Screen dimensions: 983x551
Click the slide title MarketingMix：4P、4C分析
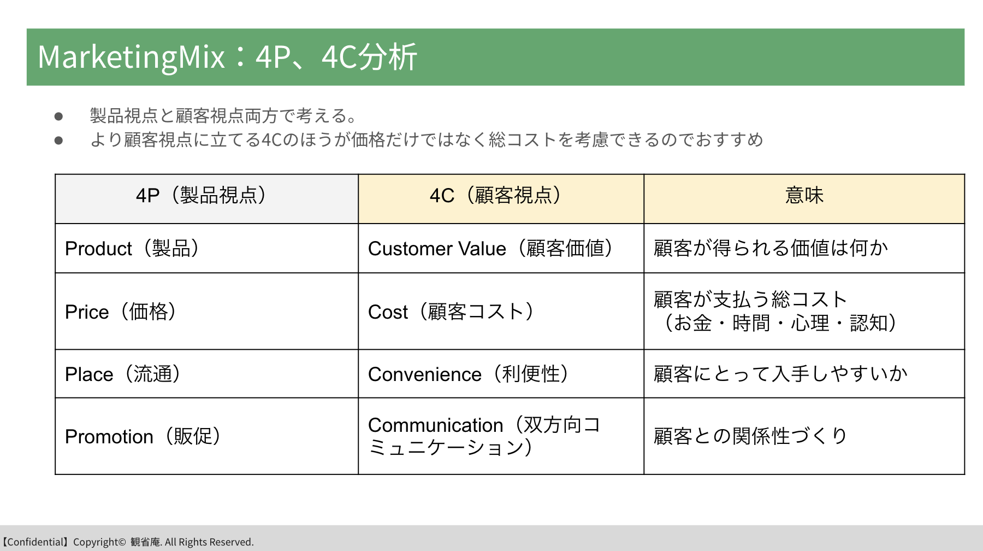[227, 57]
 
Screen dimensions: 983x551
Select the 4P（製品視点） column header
[206, 199]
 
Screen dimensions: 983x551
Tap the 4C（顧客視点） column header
[501, 199]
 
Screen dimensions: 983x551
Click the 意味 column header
[804, 199]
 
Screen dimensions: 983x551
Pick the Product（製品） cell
[206, 248]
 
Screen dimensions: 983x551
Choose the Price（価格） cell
[206, 311]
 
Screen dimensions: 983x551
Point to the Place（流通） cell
[206, 374]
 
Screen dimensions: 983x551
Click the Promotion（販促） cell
[206, 436]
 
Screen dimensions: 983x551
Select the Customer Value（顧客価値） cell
[501, 248]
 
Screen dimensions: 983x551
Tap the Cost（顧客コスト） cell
[501, 311]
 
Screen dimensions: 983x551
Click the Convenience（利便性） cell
[501, 374]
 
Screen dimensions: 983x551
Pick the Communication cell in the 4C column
[501, 436]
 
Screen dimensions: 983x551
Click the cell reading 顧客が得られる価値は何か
[804, 248]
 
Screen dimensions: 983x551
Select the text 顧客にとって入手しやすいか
[780, 374]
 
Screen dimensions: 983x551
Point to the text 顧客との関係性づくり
[750, 436]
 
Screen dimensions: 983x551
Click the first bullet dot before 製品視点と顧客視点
[58, 116]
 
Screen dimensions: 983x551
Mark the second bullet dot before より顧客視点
[58, 140]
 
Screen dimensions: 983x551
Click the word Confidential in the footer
[35, 542]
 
